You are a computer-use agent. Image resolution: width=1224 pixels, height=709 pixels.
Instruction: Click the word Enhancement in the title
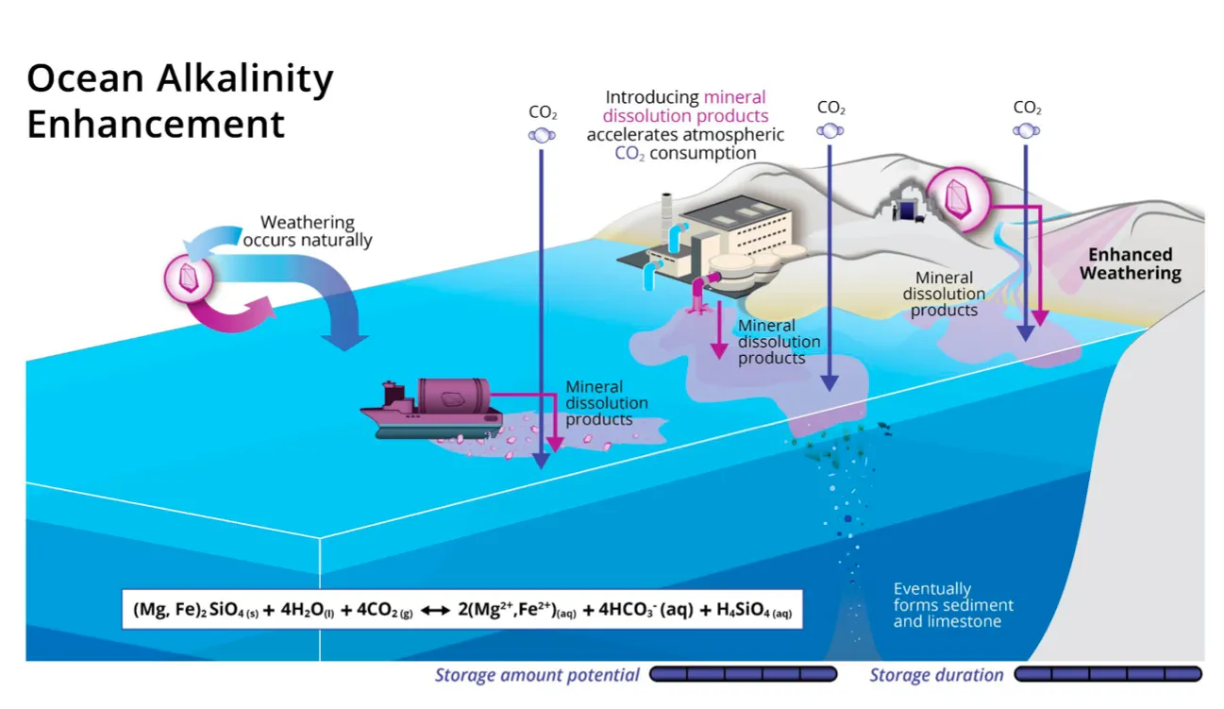coord(156,125)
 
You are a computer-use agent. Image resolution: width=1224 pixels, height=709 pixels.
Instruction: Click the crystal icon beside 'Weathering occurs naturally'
coord(189,279)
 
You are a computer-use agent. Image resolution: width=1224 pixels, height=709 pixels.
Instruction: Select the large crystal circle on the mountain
coord(959,198)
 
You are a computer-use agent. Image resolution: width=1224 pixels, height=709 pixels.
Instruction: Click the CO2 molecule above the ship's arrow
coord(542,135)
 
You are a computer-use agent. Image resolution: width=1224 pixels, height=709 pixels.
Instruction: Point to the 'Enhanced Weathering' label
coord(1130,263)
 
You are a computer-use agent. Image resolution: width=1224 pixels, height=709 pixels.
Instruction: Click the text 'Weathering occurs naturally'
coord(308,230)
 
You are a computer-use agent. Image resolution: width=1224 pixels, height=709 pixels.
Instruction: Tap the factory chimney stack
coord(666,220)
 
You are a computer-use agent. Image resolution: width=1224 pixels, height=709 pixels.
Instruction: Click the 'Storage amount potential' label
coord(537,675)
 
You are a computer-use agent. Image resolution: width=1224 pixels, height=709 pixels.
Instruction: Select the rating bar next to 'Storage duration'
coord(1108,674)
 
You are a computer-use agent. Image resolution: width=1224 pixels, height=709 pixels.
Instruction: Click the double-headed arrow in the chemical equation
coord(435,611)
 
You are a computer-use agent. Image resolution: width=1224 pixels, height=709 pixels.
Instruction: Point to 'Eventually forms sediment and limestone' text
coord(953,605)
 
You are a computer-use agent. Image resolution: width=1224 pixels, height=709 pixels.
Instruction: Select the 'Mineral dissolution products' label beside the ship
coord(607,403)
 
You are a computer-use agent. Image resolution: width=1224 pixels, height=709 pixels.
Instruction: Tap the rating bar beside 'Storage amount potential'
coord(743,674)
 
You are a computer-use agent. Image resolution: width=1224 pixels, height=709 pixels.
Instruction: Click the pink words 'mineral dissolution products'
coord(686,107)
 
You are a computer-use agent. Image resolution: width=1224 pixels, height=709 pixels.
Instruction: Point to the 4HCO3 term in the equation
coord(639,610)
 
